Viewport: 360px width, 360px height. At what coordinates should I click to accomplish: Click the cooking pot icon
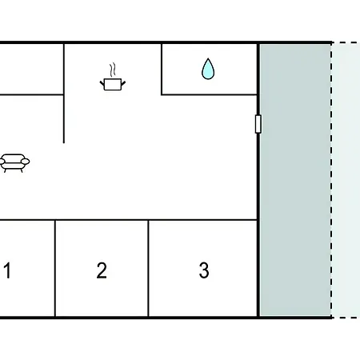(x=113, y=84)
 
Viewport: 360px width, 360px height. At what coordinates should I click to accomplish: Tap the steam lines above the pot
(x=113, y=70)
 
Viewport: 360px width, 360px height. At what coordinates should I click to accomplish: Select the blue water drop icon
(x=208, y=69)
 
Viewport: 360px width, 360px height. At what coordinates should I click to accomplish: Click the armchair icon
(x=14, y=163)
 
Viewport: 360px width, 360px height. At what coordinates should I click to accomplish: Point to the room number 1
(x=7, y=270)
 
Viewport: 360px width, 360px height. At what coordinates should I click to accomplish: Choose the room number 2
(x=102, y=270)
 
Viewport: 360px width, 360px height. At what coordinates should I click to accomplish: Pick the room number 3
(x=204, y=270)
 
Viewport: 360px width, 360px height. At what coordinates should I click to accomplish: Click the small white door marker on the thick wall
(x=258, y=124)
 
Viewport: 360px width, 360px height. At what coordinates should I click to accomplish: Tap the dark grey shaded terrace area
(x=295, y=180)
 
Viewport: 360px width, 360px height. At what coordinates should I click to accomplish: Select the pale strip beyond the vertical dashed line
(x=346, y=180)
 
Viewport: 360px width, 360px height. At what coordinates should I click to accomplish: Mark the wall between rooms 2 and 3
(x=148, y=268)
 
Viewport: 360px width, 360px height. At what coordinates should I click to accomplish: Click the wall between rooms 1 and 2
(x=55, y=268)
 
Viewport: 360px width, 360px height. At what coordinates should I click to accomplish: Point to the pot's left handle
(x=102, y=83)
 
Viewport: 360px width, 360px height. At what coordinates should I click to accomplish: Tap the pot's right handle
(x=123, y=83)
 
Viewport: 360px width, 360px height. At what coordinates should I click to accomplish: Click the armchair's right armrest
(x=26, y=162)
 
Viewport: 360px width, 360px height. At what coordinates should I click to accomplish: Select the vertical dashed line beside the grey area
(x=331, y=180)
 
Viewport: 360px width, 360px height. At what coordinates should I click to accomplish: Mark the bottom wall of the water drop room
(x=210, y=94)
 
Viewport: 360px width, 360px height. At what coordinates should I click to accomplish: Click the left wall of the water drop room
(x=162, y=70)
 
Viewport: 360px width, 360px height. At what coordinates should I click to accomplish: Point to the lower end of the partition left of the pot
(x=64, y=142)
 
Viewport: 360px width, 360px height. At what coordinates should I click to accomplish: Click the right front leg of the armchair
(x=22, y=170)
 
